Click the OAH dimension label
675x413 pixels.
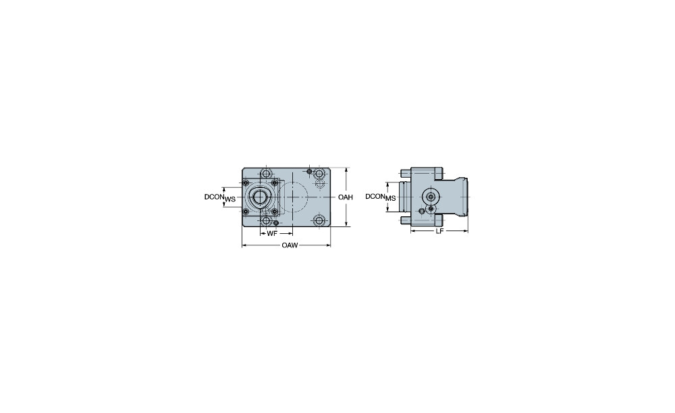tap(345, 197)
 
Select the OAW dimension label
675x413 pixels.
tap(290, 245)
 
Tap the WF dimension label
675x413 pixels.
tap(271, 234)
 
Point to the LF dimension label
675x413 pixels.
tap(439, 231)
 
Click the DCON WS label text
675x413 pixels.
tap(220, 197)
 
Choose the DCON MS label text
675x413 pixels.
tap(381, 197)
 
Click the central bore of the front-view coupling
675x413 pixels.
tap(259, 197)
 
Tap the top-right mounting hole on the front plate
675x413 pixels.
tap(319, 174)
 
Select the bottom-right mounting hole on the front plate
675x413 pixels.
tap(319, 221)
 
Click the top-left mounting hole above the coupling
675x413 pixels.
tap(267, 174)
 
